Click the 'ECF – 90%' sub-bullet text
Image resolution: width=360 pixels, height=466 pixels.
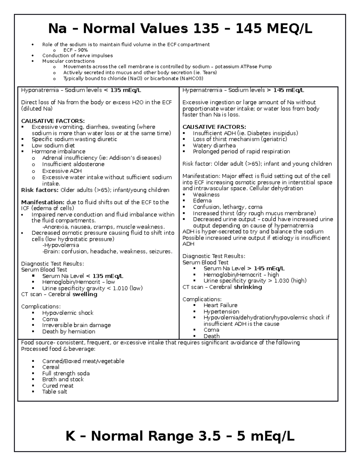pyautogui.click(x=75, y=50)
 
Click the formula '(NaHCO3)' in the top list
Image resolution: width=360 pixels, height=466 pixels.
pyautogui.click(x=191, y=78)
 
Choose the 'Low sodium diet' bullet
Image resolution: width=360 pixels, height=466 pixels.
pyautogui.click(x=53, y=146)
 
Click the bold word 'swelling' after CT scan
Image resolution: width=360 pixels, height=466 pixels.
pyautogui.click(x=85, y=294)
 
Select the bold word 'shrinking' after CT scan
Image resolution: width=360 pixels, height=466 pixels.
pyautogui.click(x=248, y=287)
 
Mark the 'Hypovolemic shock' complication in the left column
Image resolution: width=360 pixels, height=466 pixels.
pyautogui.click(x=68, y=313)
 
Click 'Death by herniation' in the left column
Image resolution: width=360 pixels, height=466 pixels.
pyautogui.click(x=69, y=332)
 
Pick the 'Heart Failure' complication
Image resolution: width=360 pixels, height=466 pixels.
pyautogui.click(x=220, y=305)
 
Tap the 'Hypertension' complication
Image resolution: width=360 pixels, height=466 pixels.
pyautogui.click(x=221, y=312)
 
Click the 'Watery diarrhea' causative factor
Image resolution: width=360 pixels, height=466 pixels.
pyautogui.click(x=214, y=146)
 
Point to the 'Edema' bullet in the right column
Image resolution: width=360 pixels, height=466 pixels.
pyautogui.click(x=202, y=201)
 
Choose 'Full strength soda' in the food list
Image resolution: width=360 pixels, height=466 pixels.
pyautogui.click(x=66, y=374)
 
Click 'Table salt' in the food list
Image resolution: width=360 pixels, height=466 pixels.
pyautogui.click(x=55, y=392)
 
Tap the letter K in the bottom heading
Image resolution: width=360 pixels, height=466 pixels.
pyautogui.click(x=70, y=436)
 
